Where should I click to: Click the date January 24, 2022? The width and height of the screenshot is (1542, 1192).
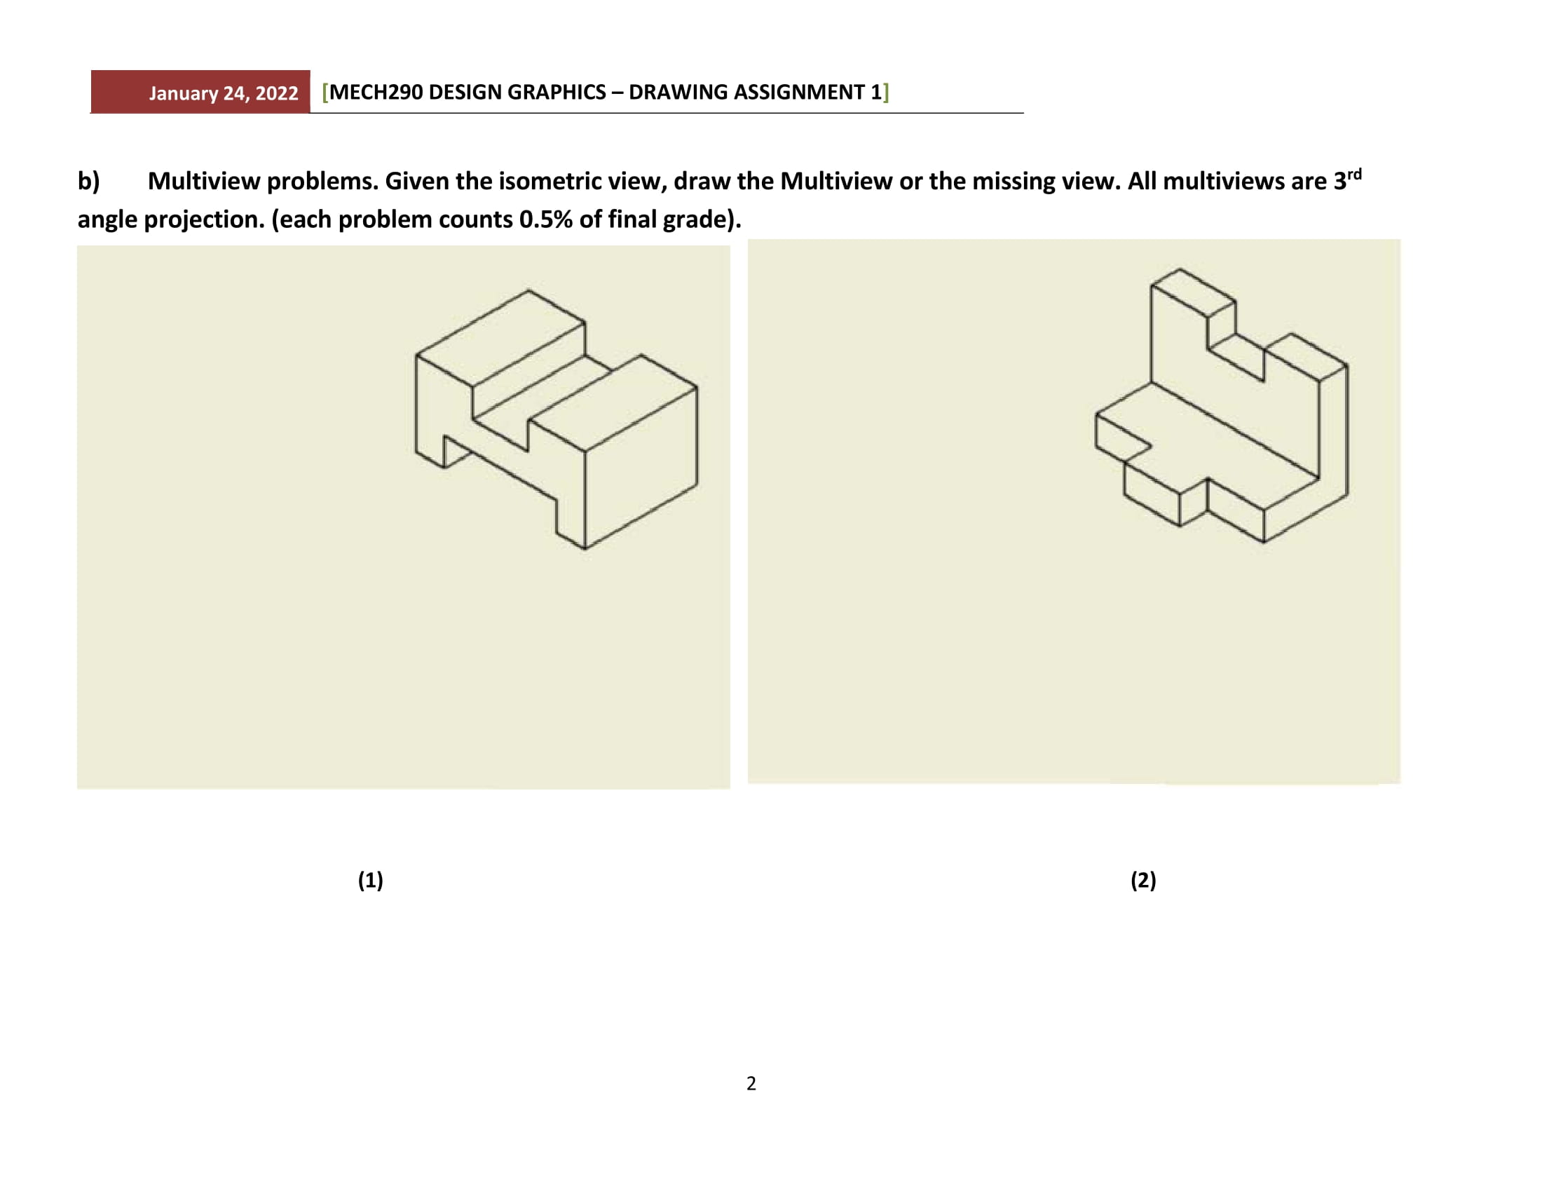coord(223,93)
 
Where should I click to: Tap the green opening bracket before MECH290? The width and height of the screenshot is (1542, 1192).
coord(325,93)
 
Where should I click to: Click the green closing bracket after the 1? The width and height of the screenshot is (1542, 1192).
coord(886,93)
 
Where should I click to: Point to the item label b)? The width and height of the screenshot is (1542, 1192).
coord(88,182)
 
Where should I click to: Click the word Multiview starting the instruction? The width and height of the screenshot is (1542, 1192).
coord(203,182)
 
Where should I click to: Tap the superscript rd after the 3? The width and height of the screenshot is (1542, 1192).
coord(1353,174)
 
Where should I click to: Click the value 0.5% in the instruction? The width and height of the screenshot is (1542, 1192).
coord(545,219)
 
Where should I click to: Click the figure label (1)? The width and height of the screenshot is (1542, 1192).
coord(370,880)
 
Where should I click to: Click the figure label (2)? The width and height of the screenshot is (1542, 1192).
coord(1143,880)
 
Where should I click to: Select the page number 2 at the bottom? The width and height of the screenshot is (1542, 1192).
coord(751,1083)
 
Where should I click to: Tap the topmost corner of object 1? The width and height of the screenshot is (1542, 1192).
coord(528,290)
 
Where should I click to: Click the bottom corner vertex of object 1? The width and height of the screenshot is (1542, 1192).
coord(585,548)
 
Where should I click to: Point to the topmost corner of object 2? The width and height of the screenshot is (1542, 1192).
coord(1179,269)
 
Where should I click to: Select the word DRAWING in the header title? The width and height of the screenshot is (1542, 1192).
coord(676,93)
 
